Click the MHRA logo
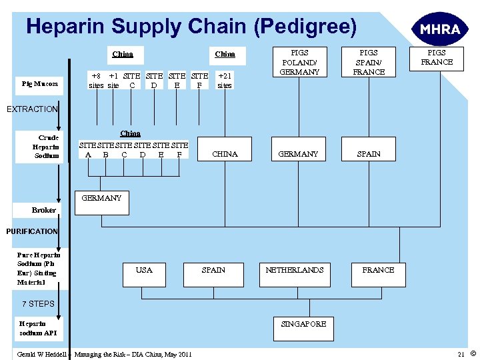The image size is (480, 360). point(437,30)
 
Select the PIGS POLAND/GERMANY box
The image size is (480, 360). point(299,62)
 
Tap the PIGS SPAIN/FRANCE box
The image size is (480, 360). point(369,62)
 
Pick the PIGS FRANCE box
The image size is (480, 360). point(437,57)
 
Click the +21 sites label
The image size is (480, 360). point(225,81)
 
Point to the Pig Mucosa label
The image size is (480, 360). point(39,84)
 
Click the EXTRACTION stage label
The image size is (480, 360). point(32,109)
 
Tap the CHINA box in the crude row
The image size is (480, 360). point(225,154)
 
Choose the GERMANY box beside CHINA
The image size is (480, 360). point(298,154)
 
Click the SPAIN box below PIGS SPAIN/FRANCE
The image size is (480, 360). point(369,154)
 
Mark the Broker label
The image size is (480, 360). point(44,210)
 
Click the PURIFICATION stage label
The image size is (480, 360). point(32,231)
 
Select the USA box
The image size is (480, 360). point(144,270)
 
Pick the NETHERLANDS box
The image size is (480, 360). point(295,270)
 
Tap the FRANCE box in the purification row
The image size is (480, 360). point(378,270)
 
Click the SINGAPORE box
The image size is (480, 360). point(303,324)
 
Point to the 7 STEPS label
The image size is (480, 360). point(38,304)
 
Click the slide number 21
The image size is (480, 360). point(461,353)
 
